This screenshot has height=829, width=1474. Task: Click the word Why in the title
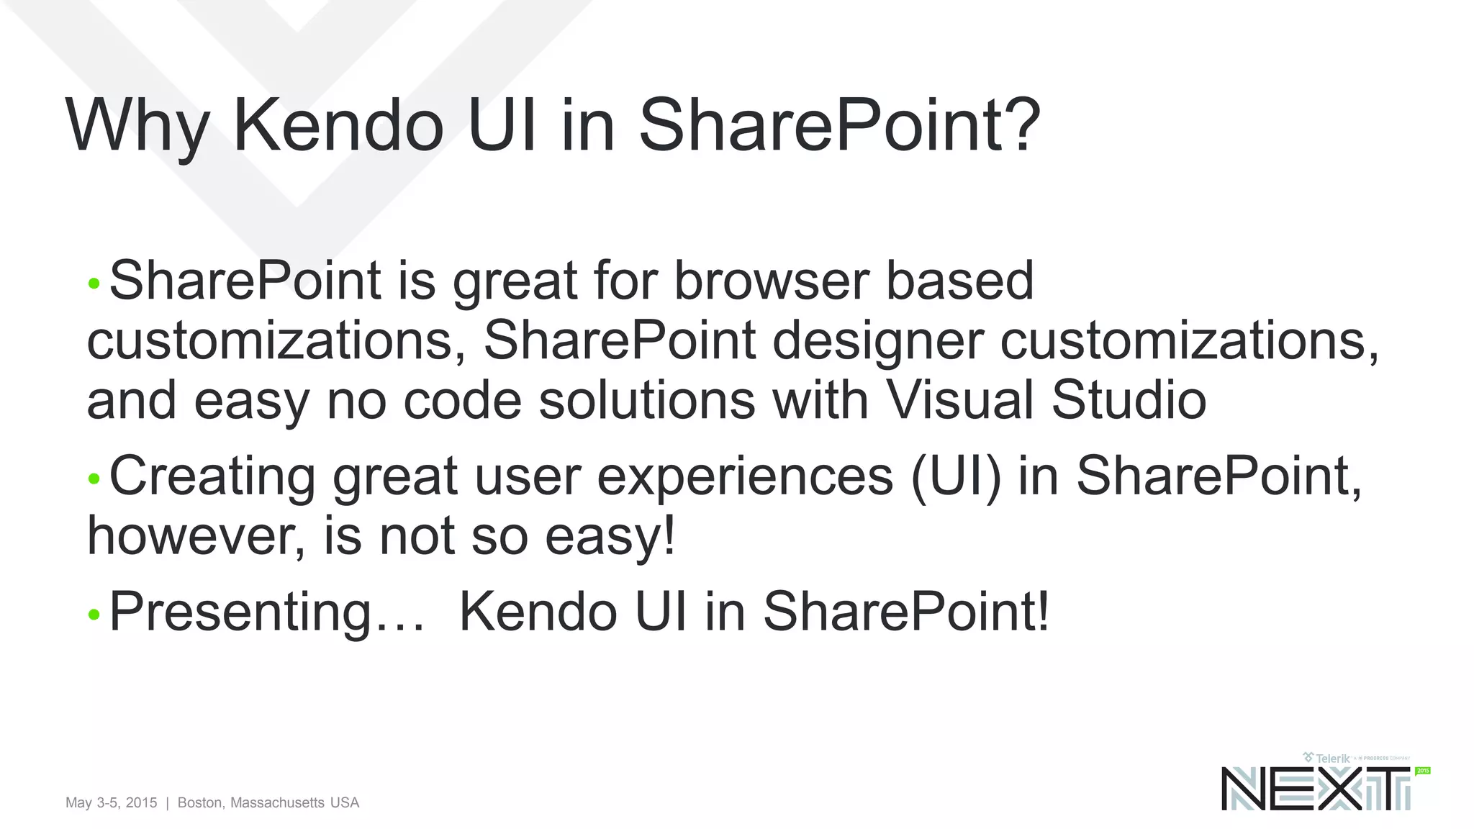pyautogui.click(x=137, y=126)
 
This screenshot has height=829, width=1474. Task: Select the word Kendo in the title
pyautogui.click(x=338, y=126)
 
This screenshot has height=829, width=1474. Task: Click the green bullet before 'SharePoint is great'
pyautogui.click(x=94, y=284)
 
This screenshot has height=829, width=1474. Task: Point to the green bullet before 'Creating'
pyautogui.click(x=94, y=479)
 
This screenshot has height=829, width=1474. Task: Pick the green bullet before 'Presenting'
pyautogui.click(x=94, y=615)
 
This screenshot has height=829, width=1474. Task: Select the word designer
pyautogui.click(x=877, y=340)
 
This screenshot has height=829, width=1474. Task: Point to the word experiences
pyautogui.click(x=745, y=477)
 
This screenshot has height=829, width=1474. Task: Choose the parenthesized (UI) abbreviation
pyautogui.click(x=956, y=477)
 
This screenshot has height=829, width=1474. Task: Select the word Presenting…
pyautogui.click(x=267, y=612)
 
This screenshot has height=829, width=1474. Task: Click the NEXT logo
pyautogui.click(x=1316, y=789)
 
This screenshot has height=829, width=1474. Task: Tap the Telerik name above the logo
pyautogui.click(x=1332, y=758)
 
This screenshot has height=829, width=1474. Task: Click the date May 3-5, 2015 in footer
pyautogui.click(x=111, y=802)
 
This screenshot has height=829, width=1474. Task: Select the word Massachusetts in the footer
pyautogui.click(x=277, y=802)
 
